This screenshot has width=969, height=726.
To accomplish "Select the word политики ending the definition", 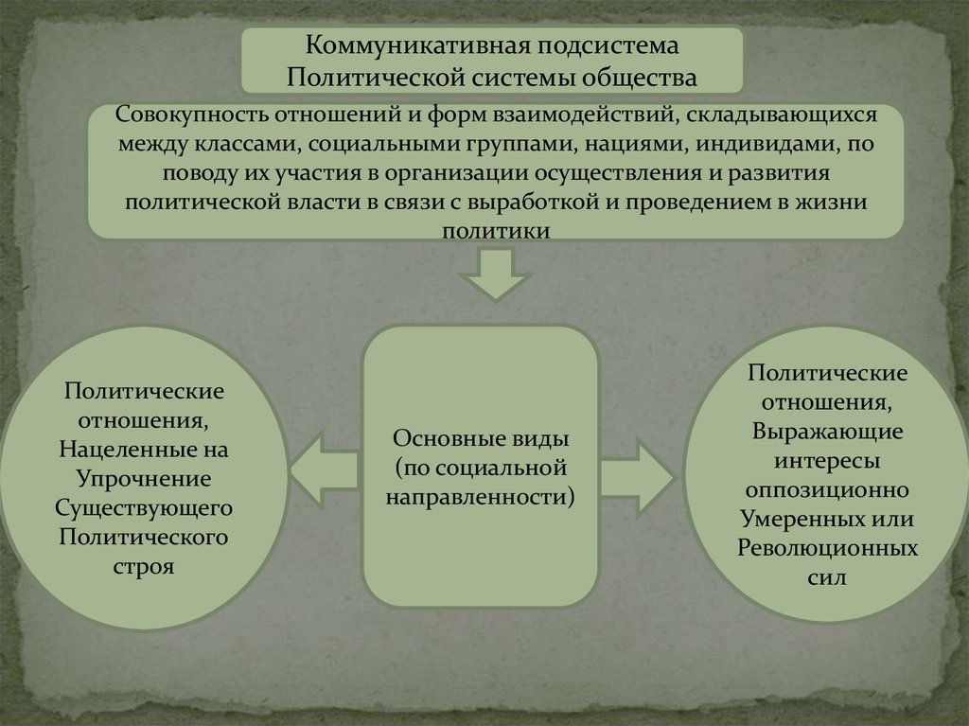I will point(496,230).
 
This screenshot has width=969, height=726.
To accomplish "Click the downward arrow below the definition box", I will point(496,273).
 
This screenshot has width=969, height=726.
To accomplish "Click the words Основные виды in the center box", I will point(481,440).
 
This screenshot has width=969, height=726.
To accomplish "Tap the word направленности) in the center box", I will point(481,495).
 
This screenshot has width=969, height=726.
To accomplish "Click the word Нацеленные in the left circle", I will point(145,447).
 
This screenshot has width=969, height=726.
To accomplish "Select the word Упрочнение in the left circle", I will point(145,477).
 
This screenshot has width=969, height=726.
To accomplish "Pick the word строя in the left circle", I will point(145,567).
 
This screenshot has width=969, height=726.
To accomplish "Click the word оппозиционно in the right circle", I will point(827,490).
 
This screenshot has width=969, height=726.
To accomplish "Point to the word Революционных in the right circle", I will point(827,548).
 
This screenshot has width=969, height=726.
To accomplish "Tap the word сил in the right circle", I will point(827,576).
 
